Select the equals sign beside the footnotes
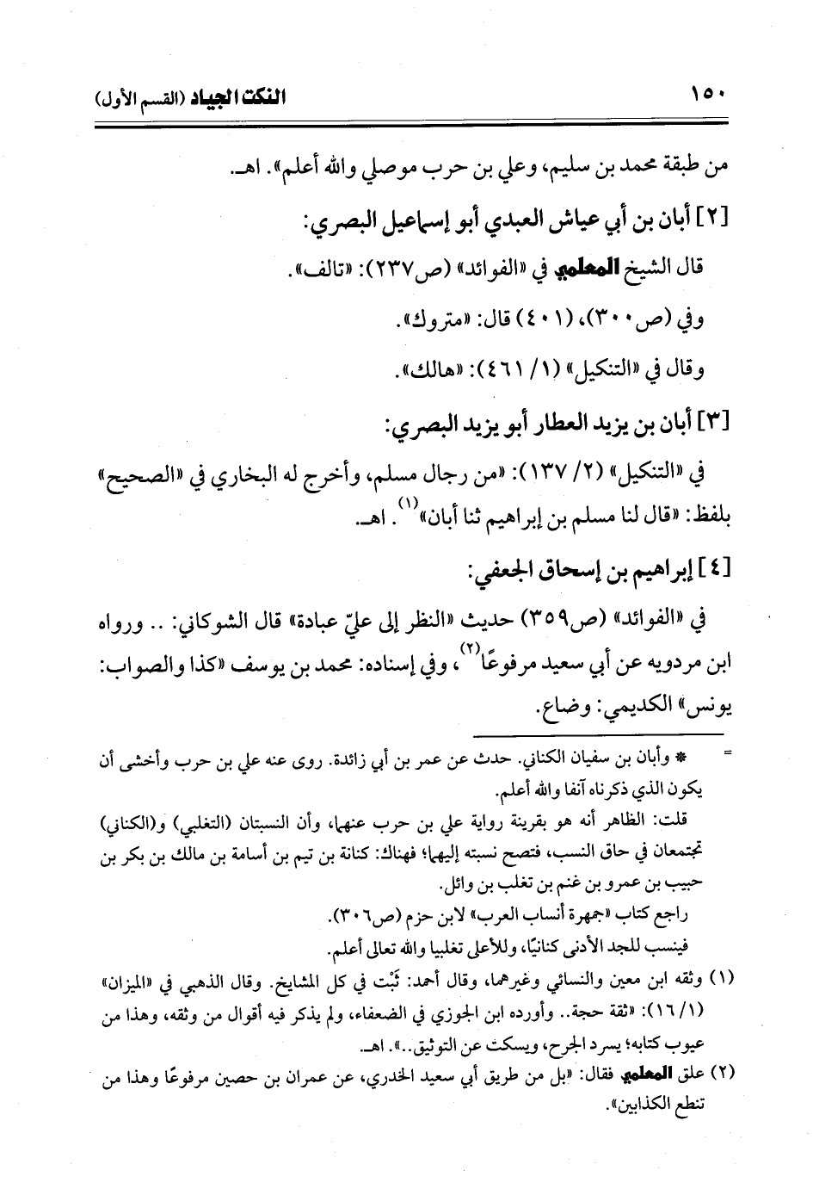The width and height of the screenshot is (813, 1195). point(729,754)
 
